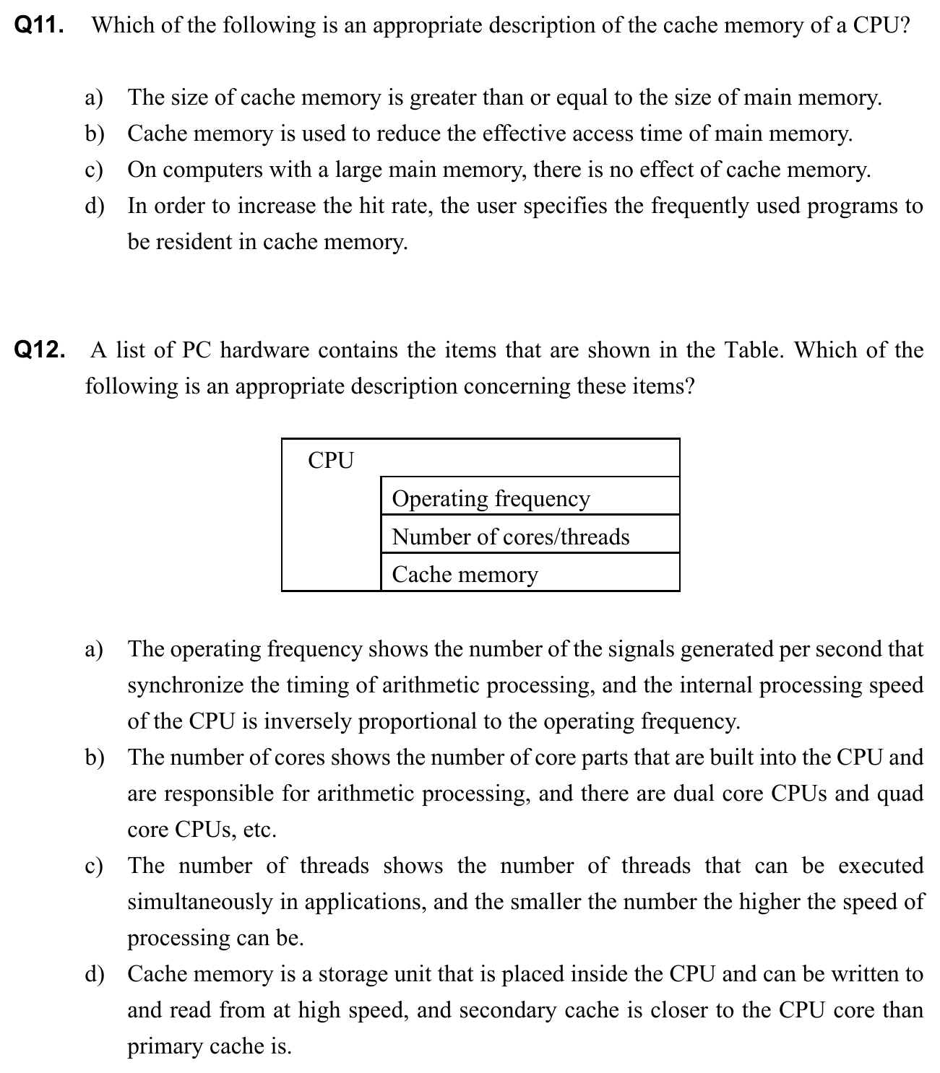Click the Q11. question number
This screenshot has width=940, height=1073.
point(39,26)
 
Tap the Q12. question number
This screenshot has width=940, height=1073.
point(39,351)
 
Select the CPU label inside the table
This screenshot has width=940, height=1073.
point(331,461)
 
